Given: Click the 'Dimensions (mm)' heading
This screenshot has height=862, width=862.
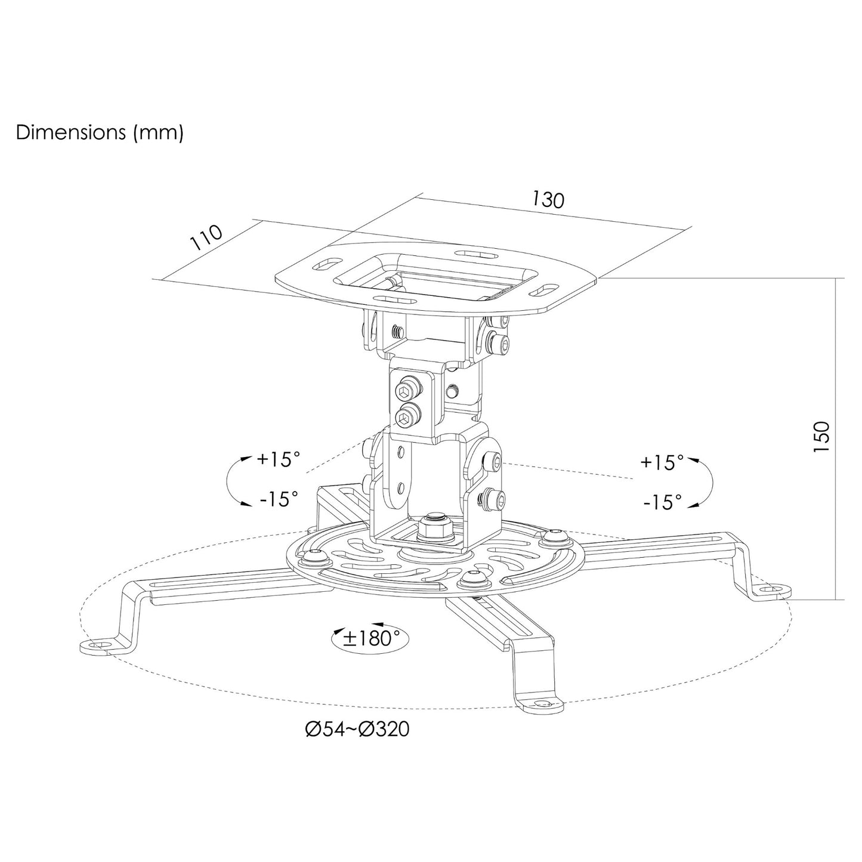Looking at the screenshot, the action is [99, 133].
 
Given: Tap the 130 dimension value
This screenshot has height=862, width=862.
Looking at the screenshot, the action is [548, 199].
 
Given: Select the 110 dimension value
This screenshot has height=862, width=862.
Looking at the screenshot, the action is [206, 237].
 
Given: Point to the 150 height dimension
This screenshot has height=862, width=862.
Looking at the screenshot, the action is [822, 436].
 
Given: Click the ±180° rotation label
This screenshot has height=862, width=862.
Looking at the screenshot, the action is [370, 638].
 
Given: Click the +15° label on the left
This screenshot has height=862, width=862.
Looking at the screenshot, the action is [278, 459].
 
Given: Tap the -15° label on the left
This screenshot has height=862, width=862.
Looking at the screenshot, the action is [279, 498].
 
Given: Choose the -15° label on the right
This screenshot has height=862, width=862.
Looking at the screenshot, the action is [663, 502].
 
